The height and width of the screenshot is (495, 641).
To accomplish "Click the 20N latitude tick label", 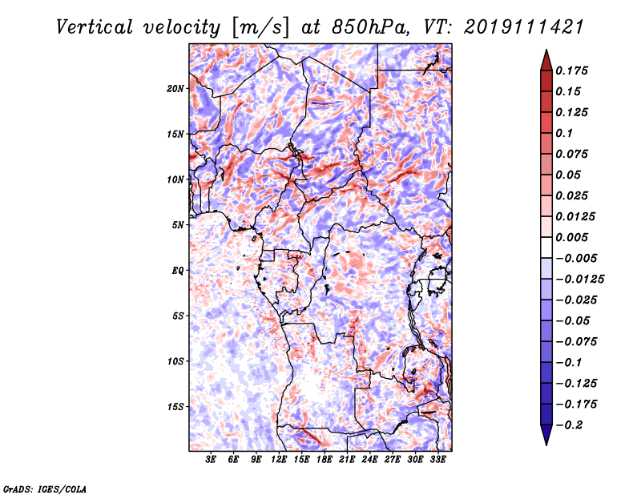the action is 175,89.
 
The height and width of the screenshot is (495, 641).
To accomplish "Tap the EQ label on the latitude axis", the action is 178,271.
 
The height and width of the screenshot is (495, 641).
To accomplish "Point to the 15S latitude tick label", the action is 175,407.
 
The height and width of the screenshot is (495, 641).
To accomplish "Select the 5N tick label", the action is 178,225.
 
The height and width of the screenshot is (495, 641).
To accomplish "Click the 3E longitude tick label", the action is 211,460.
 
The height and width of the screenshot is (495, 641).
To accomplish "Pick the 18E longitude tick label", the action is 325,460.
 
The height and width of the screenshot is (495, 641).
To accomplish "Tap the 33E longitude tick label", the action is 437,460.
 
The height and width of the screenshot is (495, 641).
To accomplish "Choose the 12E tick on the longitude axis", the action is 279,460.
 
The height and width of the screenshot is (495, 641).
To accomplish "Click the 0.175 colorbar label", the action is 571,70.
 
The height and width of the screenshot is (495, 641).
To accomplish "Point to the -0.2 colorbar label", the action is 569,425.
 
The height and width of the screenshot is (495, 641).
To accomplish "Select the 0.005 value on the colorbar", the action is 571,237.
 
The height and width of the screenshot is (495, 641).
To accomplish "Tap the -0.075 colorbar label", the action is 576,342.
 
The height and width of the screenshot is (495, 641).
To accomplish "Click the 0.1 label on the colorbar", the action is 564,133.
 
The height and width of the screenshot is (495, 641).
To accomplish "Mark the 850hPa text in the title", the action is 371,27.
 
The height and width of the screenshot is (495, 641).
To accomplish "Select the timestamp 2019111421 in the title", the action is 524,27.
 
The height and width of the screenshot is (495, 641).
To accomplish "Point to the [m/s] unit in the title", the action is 260,28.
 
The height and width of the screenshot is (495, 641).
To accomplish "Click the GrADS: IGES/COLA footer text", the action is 45,489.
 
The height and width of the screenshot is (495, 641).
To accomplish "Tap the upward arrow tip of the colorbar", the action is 546,50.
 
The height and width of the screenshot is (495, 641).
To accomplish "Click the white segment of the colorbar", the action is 546,247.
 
